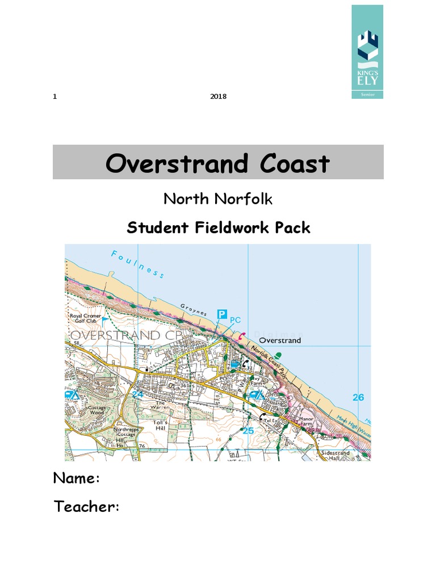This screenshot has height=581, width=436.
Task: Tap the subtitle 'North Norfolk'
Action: point(218,199)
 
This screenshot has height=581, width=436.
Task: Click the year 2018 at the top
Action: point(218,96)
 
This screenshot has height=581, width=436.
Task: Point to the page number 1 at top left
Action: point(55,96)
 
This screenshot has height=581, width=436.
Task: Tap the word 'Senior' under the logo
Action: point(367,94)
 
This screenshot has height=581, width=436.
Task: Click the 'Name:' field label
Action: point(77,478)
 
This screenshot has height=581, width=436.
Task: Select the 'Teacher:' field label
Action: point(86,507)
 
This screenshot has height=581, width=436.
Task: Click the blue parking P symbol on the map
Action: point(223,314)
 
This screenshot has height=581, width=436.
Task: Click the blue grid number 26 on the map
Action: point(358,397)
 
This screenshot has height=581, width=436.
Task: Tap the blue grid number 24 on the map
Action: point(137,394)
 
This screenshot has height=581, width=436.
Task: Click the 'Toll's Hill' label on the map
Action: point(160,426)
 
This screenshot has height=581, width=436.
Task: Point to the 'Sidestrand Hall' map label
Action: point(333,457)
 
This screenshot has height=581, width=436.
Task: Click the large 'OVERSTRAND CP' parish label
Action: point(115,335)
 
